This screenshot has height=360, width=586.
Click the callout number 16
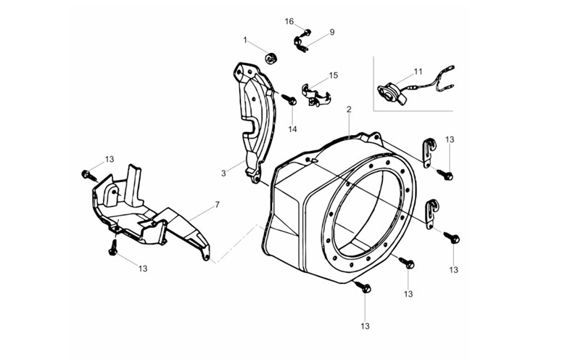(x=289, y=22)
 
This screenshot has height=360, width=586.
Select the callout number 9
(x=332, y=32)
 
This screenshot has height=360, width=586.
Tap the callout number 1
(x=245, y=40)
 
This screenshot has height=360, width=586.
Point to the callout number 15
(x=334, y=75)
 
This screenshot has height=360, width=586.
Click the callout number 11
(x=418, y=71)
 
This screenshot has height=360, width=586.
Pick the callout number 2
(x=349, y=110)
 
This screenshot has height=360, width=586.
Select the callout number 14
(x=292, y=129)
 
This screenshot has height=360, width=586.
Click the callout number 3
(x=223, y=173)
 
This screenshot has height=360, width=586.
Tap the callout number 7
(x=217, y=205)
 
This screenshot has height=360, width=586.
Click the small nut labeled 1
(x=271, y=58)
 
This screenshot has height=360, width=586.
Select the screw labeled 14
(x=289, y=99)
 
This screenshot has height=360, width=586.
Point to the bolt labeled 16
(x=308, y=32)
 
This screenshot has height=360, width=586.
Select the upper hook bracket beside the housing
(x=429, y=153)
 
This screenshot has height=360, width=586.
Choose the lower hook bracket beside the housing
(x=432, y=214)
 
